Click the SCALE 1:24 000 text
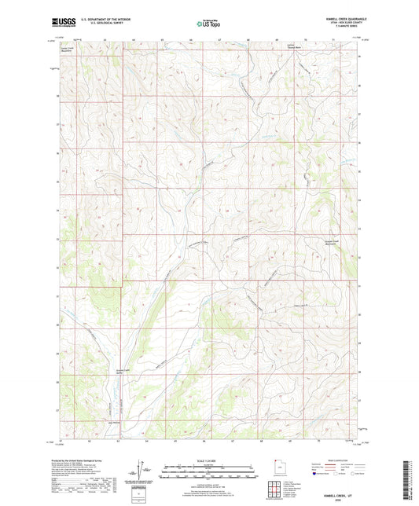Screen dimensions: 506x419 click(x=208, y=460)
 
